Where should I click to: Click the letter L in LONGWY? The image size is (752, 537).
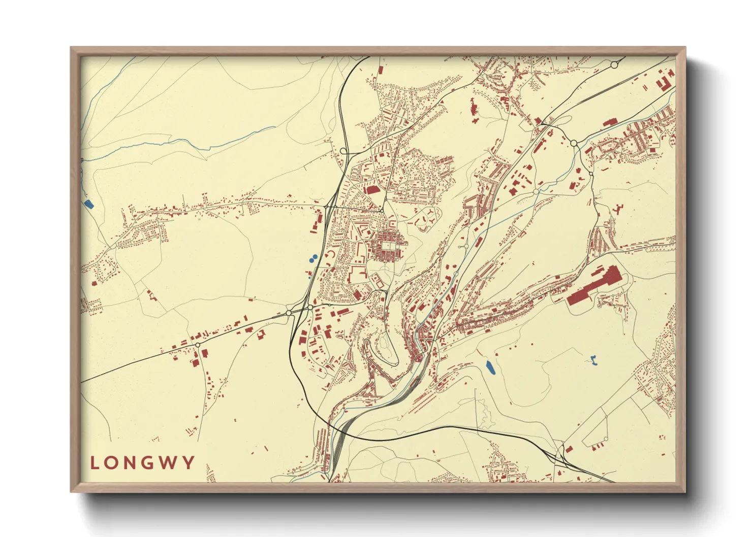pyautogui.click(x=95, y=463)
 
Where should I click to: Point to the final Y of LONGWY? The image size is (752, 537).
pyautogui.click(x=190, y=463)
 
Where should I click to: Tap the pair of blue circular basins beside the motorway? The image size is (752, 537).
pyautogui.click(x=313, y=258)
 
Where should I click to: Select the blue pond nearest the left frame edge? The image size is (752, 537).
pyautogui.click(x=89, y=204)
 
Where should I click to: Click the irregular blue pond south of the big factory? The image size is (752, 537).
pyautogui.click(x=593, y=361)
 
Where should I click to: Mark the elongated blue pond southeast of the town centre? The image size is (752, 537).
pyautogui.click(x=490, y=367)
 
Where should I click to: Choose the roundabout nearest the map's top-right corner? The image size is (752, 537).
pyautogui.click(x=614, y=65)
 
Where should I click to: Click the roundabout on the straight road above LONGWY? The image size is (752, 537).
pyautogui.click(x=198, y=345)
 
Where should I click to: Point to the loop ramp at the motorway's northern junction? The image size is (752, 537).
pyautogui.click(x=343, y=151)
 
